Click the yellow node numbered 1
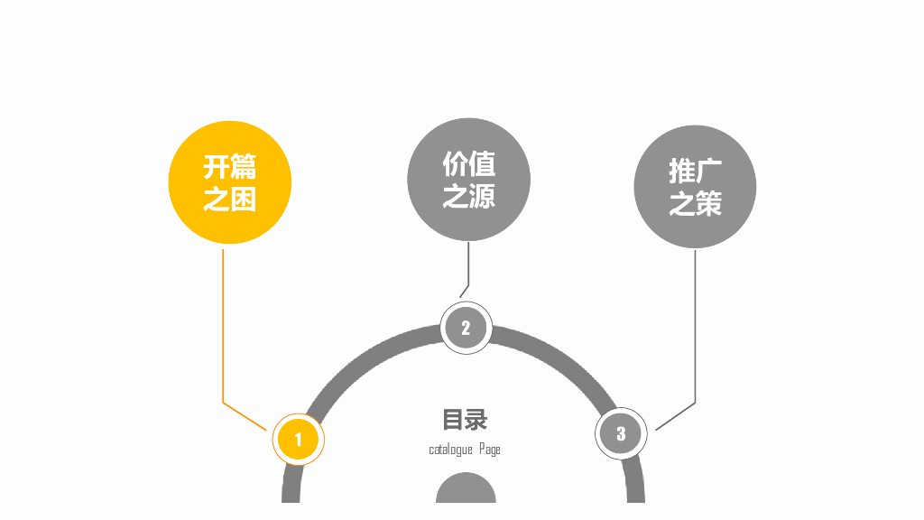coord(298,440)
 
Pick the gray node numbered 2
coord(466,327)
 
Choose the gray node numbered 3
coord(621,433)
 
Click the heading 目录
coord(465,420)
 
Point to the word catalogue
coord(450,450)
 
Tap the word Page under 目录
coord(490,450)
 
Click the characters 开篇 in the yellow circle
coord(230,167)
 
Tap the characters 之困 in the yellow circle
coord(230,199)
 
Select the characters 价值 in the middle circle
coord(468,163)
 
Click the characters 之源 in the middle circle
coord(468,195)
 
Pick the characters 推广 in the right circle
coord(695,171)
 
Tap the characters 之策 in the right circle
coord(695,203)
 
